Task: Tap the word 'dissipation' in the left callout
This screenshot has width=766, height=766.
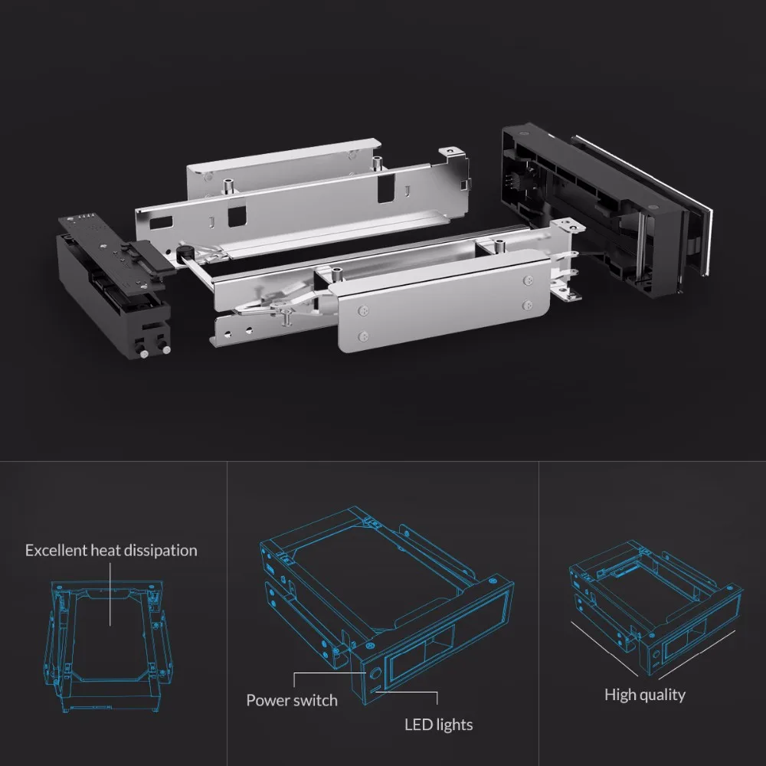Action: [x=159, y=550]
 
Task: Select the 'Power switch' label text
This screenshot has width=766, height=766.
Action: [x=291, y=699]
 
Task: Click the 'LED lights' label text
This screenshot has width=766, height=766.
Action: [x=438, y=724]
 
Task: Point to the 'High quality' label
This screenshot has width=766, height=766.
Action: [x=644, y=695]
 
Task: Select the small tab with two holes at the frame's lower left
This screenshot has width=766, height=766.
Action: [x=240, y=332]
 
